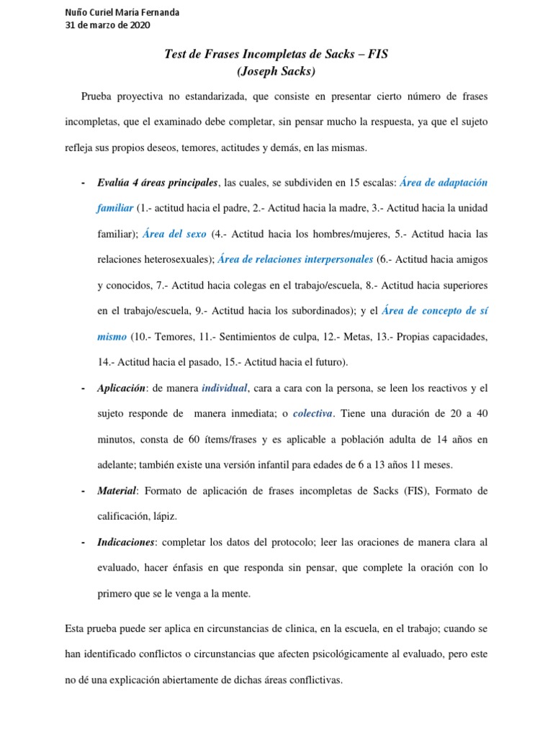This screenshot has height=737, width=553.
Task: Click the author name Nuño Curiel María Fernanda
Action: (x=123, y=12)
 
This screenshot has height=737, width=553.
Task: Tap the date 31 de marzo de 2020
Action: (x=107, y=25)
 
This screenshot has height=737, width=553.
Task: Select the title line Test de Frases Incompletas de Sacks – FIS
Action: (x=276, y=55)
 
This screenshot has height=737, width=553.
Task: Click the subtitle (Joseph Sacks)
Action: (x=276, y=71)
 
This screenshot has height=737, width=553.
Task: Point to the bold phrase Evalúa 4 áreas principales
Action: (x=158, y=183)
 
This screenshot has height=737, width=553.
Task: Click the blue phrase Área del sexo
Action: (x=174, y=234)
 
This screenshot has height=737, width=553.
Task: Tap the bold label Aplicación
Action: (x=121, y=389)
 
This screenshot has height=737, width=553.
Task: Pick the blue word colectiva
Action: (x=313, y=414)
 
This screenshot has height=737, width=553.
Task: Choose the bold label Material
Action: (x=117, y=491)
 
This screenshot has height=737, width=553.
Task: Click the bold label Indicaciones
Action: (x=127, y=542)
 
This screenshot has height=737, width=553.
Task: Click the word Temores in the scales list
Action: (x=170, y=337)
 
